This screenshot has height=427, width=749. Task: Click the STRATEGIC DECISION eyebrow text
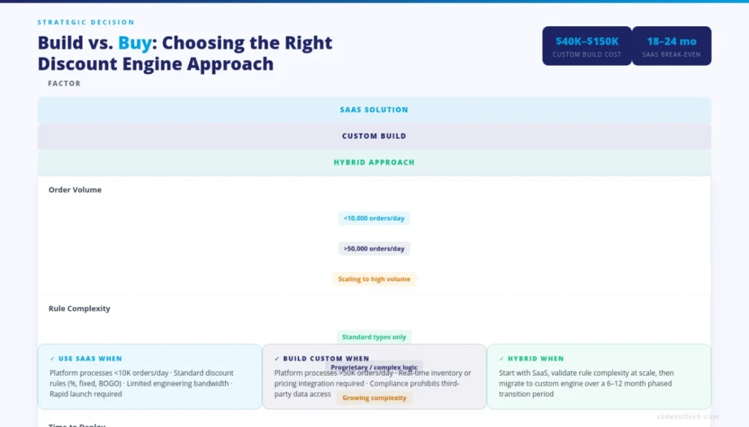(86, 23)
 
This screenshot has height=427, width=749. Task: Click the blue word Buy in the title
(135, 43)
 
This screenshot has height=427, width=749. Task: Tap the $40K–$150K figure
(587, 41)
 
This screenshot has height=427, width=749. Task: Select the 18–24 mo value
(671, 41)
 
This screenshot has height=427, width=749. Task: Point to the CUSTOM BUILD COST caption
(587, 55)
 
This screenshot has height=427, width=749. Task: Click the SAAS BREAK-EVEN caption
(671, 55)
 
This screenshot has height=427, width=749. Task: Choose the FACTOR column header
(64, 83)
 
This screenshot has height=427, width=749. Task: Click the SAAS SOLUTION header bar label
(374, 110)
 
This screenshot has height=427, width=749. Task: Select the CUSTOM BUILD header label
(374, 136)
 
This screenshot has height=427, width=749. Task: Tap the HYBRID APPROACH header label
(374, 162)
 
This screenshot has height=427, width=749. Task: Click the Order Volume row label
(75, 190)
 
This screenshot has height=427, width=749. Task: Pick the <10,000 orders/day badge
(374, 218)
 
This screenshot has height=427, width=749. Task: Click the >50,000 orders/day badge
(374, 249)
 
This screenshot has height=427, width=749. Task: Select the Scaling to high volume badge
(374, 279)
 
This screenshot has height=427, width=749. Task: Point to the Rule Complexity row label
(80, 309)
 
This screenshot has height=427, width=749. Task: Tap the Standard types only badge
(374, 337)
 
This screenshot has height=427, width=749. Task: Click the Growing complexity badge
(374, 398)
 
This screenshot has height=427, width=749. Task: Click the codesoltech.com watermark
(687, 416)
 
